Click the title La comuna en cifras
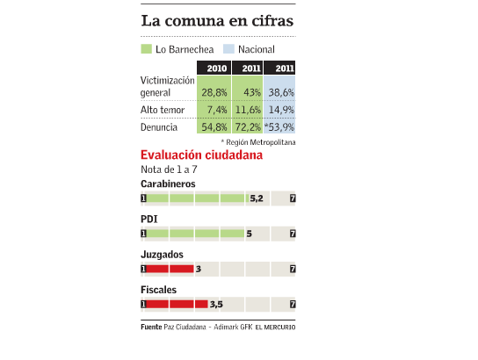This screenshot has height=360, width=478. [x=217, y=21]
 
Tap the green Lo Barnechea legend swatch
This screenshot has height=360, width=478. [x=146, y=49]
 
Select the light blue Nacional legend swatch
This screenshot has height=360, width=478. [x=228, y=49]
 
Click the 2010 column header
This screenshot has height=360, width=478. [x=214, y=68]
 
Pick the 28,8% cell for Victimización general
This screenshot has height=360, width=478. [x=214, y=92]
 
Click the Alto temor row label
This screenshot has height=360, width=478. [x=163, y=110]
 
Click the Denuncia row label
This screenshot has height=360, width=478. [x=159, y=127]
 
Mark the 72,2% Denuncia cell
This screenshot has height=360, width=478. [x=248, y=127]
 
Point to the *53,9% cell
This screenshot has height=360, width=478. [x=279, y=127]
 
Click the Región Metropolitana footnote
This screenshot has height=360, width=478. [x=258, y=142]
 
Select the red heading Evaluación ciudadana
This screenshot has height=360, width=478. [x=201, y=155]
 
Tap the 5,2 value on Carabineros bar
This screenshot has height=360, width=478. [x=257, y=198]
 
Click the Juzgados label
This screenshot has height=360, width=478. [x=162, y=255]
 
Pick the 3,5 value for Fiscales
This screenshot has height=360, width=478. [x=216, y=305]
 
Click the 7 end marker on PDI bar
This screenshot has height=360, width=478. [x=293, y=234]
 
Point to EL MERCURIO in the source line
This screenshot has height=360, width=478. [x=275, y=328]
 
